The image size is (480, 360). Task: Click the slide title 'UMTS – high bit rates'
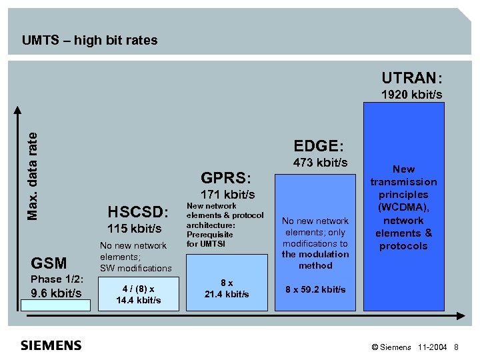click(x=90, y=40)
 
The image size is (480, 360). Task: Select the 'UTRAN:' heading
click(x=411, y=78)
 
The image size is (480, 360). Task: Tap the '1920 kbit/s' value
click(x=411, y=95)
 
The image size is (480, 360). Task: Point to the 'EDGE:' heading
click(x=319, y=145)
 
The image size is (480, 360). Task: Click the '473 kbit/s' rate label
click(x=320, y=163)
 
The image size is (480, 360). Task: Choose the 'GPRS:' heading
click(x=226, y=178)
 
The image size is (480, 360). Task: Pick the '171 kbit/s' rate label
click(x=227, y=195)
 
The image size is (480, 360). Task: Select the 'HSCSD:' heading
click(x=139, y=213)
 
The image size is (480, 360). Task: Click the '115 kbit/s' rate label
click(x=134, y=229)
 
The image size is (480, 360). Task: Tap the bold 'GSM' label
click(x=49, y=264)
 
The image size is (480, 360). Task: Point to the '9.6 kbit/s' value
click(x=57, y=293)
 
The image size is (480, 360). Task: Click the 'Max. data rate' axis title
click(x=33, y=175)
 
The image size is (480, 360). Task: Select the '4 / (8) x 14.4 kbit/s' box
click(x=138, y=294)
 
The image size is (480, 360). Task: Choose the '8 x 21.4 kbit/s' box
click(x=227, y=289)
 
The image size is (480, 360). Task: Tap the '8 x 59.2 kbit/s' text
click(x=315, y=289)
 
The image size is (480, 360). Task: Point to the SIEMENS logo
click(x=51, y=345)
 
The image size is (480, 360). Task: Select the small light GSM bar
click(x=55, y=305)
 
